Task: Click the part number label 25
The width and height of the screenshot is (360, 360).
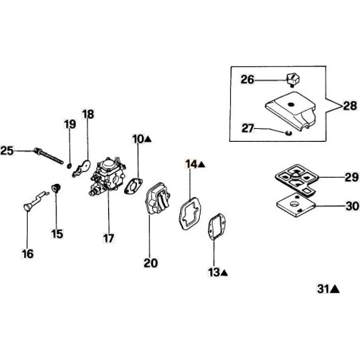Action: click(7, 151)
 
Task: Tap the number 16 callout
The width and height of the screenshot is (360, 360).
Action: click(28, 254)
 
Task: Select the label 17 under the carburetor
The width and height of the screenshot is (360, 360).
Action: click(108, 238)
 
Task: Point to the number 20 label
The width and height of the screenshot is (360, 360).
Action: click(151, 263)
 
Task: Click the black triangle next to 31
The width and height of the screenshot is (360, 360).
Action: click(335, 289)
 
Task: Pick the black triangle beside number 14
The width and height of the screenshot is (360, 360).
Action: click(202, 165)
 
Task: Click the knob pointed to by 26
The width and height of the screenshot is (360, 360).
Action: click(292, 79)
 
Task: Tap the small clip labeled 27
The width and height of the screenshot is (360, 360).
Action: click(288, 133)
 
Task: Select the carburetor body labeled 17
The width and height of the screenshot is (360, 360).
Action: click(108, 176)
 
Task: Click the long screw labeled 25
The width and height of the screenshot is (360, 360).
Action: click(49, 155)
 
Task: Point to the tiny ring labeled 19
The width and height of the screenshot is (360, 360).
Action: click(69, 166)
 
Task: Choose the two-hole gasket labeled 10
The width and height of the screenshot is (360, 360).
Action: click(133, 186)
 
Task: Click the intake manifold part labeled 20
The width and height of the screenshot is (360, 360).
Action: click(158, 198)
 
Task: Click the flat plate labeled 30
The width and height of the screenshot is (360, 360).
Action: click(295, 205)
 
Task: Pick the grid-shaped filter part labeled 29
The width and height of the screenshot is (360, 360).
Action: click(295, 179)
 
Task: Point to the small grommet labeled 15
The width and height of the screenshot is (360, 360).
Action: click(56, 187)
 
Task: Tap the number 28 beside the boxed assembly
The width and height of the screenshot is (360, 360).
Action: click(350, 106)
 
